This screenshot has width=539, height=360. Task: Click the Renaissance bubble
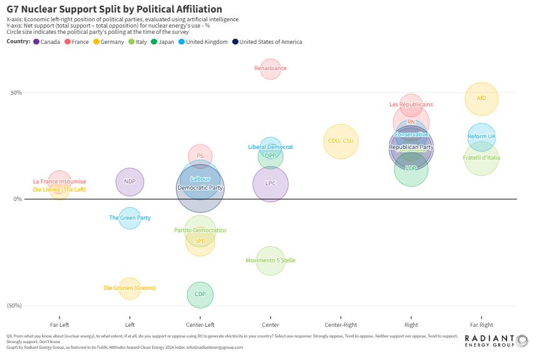coord(270,68)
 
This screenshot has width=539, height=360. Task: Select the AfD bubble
coord(481,98)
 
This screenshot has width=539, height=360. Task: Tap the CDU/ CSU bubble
coord(340,141)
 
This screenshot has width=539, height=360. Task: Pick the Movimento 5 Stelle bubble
coord(270,260)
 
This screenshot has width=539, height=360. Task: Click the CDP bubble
coord(200,294)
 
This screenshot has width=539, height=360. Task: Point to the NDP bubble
coord(130,182)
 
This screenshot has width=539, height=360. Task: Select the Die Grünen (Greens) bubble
coord(130,288)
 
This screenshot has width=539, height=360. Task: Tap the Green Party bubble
coord(130,218)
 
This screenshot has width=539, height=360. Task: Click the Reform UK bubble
coord(481,136)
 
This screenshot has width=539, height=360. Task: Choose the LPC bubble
coord(270,184)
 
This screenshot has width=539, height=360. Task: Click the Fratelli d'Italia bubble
coord(481,158)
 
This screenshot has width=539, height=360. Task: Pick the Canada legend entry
coord(47,42)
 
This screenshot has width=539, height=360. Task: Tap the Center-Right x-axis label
coord(341,325)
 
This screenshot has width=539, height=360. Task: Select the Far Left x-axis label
coord(59,325)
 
